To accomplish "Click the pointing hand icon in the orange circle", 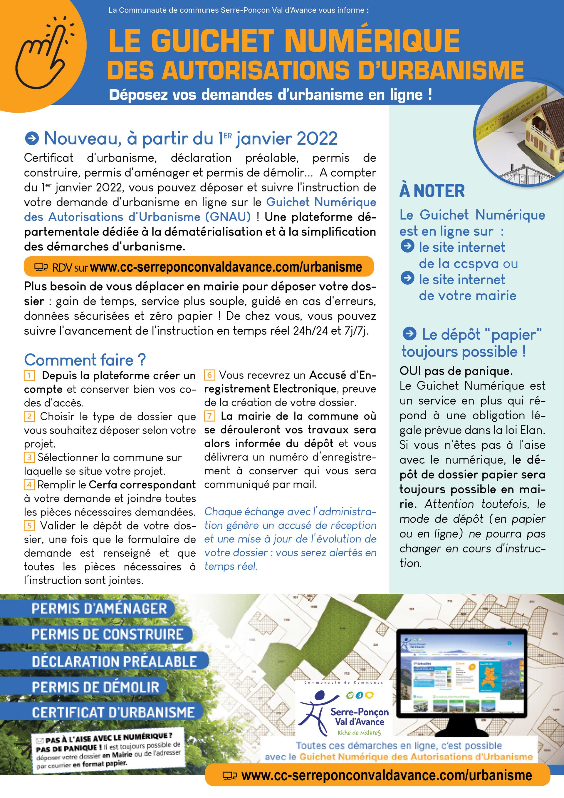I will pos(43,56).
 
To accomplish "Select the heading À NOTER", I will pos(432,191).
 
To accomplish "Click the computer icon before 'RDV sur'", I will pos(41,267).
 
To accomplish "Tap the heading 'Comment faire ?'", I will pos(85,360).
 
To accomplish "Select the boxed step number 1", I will pos(29,375).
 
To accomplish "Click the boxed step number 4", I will pos(29,485).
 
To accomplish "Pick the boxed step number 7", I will pos(209,416).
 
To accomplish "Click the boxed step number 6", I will pos(209,375).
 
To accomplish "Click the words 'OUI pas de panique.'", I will pos(456,371).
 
